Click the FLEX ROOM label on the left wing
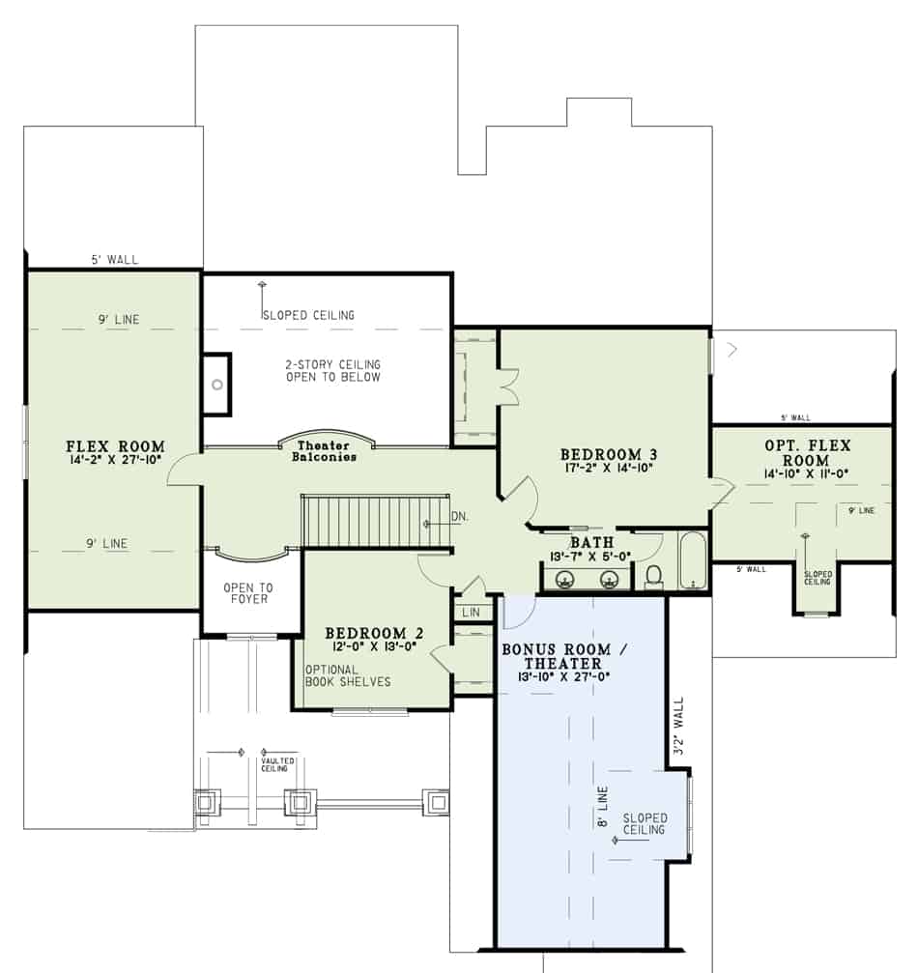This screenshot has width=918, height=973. pos(115,446)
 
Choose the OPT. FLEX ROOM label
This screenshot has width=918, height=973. pos(806,453)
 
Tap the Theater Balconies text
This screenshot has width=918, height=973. pos(325,450)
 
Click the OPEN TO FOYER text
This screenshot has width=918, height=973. pos(248,592)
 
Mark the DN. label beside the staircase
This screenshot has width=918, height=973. pos(459,517)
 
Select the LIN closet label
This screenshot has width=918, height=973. pos(472,613)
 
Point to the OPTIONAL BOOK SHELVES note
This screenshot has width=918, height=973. pos(348,675)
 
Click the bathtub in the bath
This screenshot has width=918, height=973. pos(693,560)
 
